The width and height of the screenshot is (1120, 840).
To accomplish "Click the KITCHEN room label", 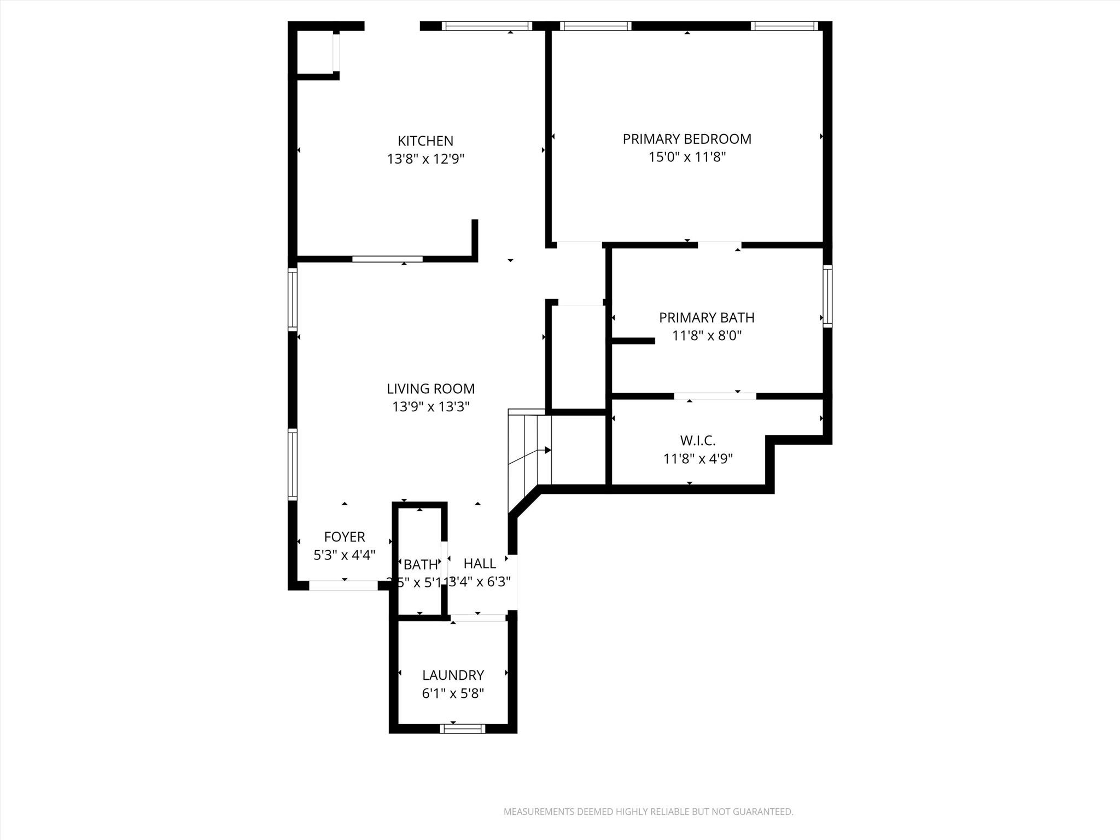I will (425, 141).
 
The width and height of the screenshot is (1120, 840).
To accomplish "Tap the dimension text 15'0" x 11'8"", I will (687, 157).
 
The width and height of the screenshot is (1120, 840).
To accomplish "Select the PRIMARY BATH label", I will (707, 318).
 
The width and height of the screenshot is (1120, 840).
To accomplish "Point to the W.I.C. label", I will (697, 440).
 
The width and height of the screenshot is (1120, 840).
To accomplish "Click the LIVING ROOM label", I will (430, 389).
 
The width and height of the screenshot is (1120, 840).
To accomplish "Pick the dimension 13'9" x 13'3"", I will (430, 407).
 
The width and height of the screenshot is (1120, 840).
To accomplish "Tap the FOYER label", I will (344, 537).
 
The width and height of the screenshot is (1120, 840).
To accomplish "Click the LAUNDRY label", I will (453, 675).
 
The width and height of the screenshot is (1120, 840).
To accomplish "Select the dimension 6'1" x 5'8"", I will (453, 694).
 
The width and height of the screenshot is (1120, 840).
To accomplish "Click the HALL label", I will (480, 564).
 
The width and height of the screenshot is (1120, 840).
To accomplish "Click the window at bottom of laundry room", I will (463, 728).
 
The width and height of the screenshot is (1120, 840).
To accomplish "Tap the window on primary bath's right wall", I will (827, 296).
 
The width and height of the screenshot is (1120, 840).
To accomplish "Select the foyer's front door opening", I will (343, 585).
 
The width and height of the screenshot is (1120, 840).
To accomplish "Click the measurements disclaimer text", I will (648, 812).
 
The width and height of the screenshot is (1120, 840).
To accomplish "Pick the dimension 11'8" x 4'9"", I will (698, 459).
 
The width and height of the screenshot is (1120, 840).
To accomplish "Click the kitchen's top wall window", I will (486, 26).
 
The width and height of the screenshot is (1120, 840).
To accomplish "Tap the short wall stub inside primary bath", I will (633, 341).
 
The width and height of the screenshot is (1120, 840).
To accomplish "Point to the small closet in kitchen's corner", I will (316, 52).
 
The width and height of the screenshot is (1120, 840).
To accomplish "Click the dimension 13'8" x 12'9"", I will (425, 160).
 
